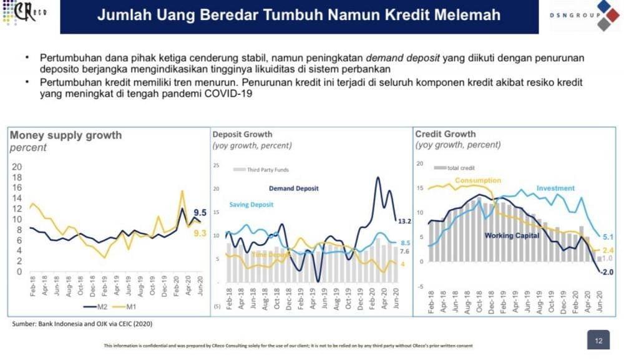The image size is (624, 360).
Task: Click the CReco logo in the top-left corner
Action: (x=27, y=12)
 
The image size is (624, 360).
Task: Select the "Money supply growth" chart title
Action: (x=66, y=135)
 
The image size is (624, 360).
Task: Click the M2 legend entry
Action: (x=99, y=307)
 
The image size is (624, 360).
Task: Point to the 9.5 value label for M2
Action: (x=200, y=212)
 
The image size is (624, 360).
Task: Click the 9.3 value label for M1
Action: (x=200, y=232)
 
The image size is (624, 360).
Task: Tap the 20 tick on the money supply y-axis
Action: (x=17, y=167)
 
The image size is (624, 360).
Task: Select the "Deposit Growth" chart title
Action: (x=242, y=134)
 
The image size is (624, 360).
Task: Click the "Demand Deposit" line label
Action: (x=293, y=188)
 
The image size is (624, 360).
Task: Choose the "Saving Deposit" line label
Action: (x=251, y=205)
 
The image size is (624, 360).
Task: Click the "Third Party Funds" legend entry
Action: (x=268, y=170)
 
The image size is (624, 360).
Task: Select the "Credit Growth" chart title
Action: (x=445, y=134)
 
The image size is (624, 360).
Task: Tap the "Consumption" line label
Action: (x=477, y=180)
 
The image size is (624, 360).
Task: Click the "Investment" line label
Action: (x=555, y=188)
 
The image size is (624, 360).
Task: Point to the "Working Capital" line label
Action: (x=508, y=235)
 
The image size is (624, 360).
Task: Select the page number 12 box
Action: (x=598, y=341)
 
